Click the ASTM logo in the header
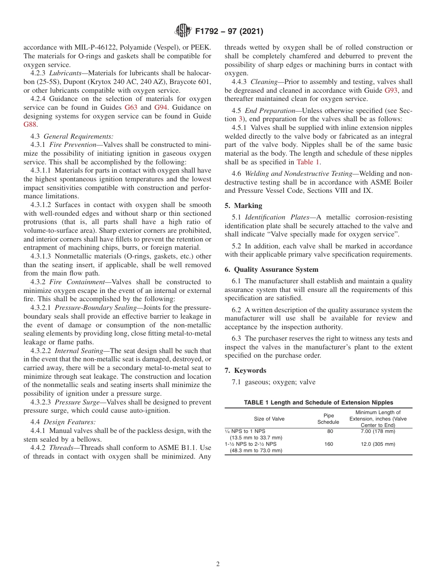point(184,32)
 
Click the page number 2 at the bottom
point(218,564)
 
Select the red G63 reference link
point(131,107)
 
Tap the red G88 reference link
point(30,124)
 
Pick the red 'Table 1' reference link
point(308,162)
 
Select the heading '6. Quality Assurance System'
point(271,269)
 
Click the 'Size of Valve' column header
point(269,419)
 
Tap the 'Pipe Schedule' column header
point(328,419)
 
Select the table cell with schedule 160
point(329,444)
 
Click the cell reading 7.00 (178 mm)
point(378,432)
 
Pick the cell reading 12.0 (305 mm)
point(378,444)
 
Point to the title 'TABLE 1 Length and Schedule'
point(318,402)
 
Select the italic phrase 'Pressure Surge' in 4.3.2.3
point(76,402)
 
